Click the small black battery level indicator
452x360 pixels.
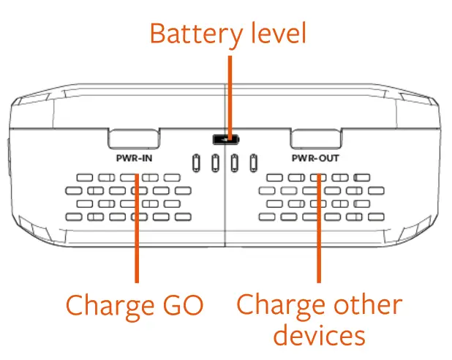[225, 139]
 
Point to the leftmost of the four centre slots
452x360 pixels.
[196, 162]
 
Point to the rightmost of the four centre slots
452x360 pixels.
[254, 162]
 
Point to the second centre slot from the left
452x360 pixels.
[215, 162]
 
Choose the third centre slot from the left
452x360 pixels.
[235, 162]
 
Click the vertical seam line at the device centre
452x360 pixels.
[225, 212]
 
